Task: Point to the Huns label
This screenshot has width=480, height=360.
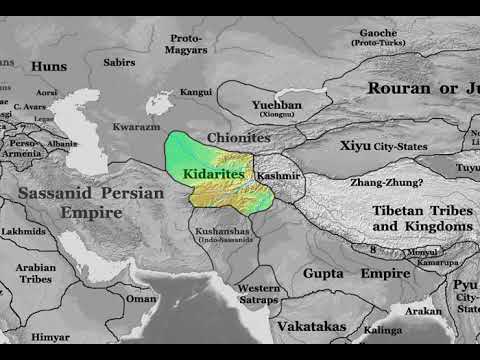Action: tap(49, 66)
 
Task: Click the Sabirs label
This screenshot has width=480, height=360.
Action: tap(119, 62)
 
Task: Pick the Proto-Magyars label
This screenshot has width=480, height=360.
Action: tap(186, 44)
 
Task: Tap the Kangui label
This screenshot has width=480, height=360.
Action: tap(195, 92)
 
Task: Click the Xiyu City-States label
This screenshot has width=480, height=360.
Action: tap(383, 146)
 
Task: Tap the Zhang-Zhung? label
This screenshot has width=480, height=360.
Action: tap(386, 183)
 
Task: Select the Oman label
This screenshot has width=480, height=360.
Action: tap(141, 298)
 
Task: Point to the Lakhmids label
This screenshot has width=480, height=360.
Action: tap(22, 231)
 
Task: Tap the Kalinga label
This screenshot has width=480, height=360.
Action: tap(382, 329)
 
